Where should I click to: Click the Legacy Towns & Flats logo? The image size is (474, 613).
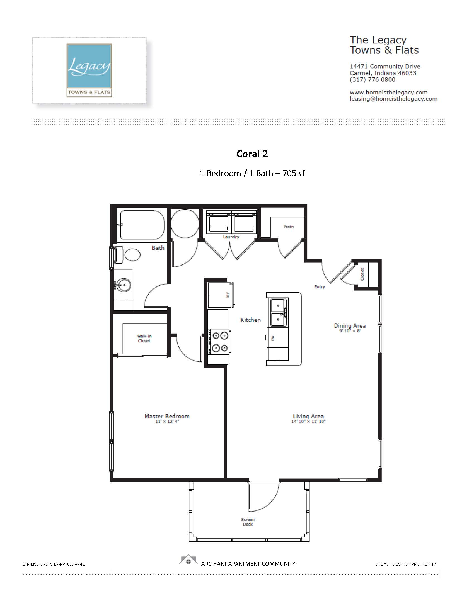pos(89,70)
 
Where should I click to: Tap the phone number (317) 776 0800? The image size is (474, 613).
pos(372,80)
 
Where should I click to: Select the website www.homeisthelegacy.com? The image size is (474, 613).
pos(388,92)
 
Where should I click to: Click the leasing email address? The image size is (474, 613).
pos(393,99)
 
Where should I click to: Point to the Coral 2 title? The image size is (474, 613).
pos(252,154)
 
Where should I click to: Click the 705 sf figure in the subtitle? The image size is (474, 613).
pos(294,173)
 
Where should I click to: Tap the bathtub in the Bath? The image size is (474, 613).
pos(142,225)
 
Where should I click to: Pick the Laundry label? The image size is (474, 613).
pos(231,237)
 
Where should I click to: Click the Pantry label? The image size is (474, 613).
pos(289,227)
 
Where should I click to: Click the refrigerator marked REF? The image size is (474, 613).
pos(221,295)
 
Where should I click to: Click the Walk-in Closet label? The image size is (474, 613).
pos(144,338)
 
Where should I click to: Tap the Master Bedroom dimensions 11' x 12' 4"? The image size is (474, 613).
pos(167,421)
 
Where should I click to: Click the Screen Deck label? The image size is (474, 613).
pos(248,522)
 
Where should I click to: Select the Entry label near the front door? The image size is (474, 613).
pos(320,287)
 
